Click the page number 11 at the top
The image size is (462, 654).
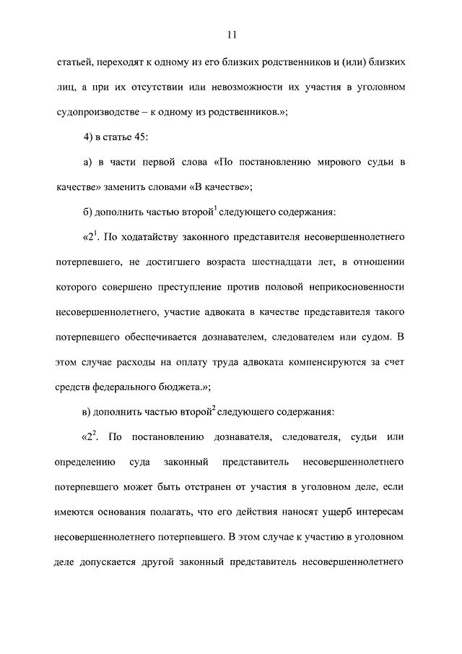pos(231,34)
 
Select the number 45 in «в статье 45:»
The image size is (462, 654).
pos(141,137)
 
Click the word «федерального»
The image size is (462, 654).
pos(131,387)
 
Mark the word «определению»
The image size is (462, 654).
pos(84,461)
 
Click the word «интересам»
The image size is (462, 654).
pos(383,512)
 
